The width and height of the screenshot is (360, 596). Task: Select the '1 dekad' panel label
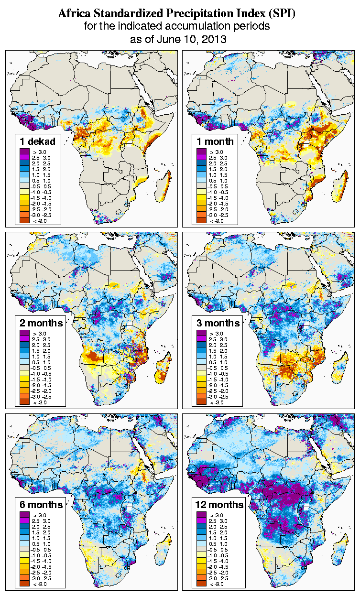pos(38,141)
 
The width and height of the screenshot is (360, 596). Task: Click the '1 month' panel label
pos(215,141)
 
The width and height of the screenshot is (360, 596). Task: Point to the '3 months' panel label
pos(218,323)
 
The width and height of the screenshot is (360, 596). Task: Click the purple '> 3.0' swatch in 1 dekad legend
pos(25,151)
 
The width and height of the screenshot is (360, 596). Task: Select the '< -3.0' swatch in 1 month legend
pos(201,220)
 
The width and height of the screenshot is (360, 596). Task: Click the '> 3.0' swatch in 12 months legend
pos(201,515)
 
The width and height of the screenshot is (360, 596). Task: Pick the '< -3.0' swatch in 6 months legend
pos(25,584)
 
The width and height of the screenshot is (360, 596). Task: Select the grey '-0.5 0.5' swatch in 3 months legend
pos(201,368)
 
